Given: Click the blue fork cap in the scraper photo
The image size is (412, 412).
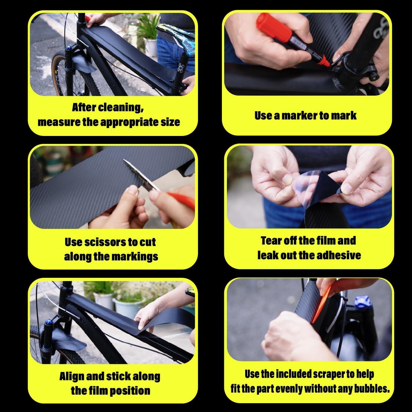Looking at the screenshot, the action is coord(362,302).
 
